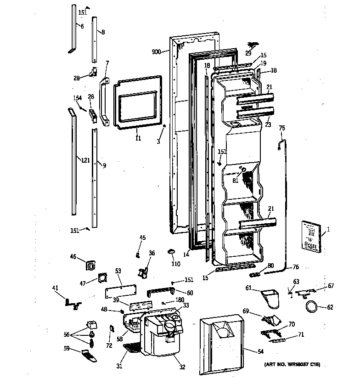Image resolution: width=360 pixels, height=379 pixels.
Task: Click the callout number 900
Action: (x=156, y=52)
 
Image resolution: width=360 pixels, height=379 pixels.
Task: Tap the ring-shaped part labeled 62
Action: (x=311, y=307)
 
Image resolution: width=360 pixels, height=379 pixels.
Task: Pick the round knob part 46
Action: (x=90, y=266)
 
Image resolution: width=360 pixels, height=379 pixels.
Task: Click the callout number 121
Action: (x=84, y=160)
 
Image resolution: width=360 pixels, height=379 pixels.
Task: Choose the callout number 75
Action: (x=282, y=128)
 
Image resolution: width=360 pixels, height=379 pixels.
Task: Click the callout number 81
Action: (x=236, y=181)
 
